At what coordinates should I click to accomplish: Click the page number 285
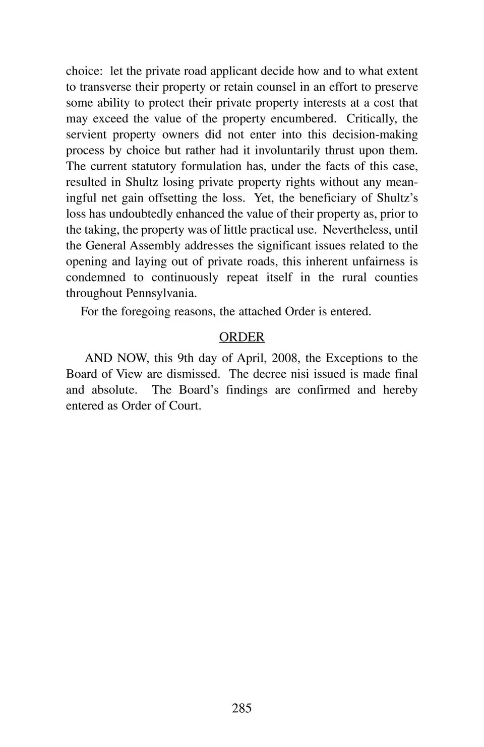pos(241,708)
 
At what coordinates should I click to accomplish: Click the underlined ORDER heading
pos(241,337)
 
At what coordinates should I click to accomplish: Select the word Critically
pos(371,118)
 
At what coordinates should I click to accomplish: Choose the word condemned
pos(96,277)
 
